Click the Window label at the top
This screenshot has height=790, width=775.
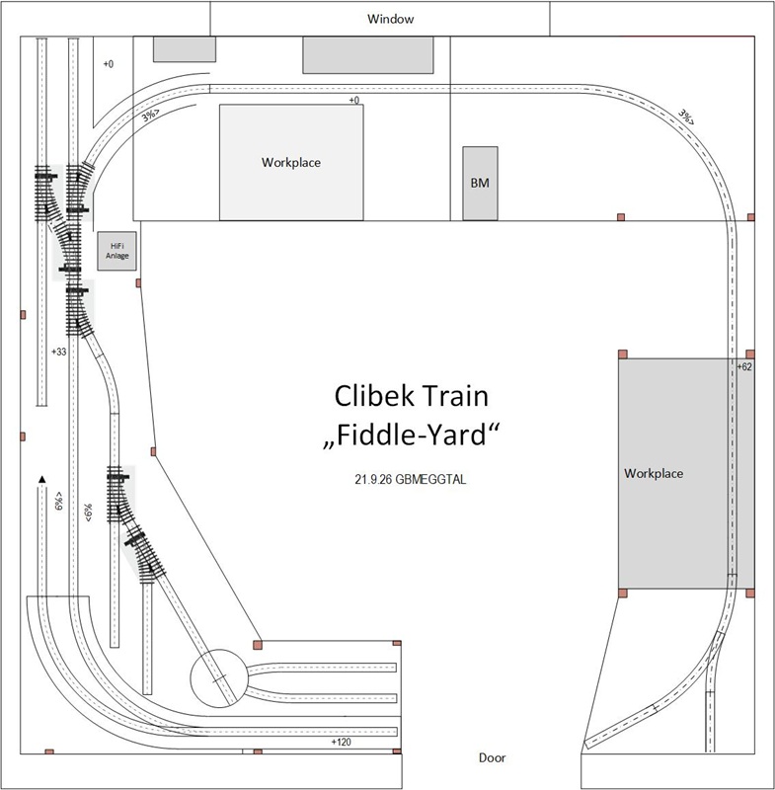coord(390,19)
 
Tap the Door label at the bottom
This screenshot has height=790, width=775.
coord(492,757)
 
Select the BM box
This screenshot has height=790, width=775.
coord(481,184)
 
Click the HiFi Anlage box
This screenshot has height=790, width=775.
coord(116,251)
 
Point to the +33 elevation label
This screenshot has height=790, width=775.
coord(59,352)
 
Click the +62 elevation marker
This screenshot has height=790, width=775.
coord(744,366)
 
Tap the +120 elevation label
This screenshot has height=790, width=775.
coord(341,742)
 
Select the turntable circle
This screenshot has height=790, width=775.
coord(219,678)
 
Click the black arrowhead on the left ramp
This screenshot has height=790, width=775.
coord(42,479)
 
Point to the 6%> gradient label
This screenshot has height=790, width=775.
coord(59,501)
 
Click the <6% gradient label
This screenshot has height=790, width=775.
coord(88,513)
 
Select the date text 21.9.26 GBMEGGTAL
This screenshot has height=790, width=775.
coord(411,479)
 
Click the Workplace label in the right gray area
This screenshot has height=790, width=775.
coord(654,474)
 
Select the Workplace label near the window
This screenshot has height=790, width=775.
coord(291,162)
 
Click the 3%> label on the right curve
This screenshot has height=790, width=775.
coord(687,117)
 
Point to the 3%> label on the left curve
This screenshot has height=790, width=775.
coord(150,116)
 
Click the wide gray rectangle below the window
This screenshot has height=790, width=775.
coord(368,55)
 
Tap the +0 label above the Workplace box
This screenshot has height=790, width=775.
coord(354,101)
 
